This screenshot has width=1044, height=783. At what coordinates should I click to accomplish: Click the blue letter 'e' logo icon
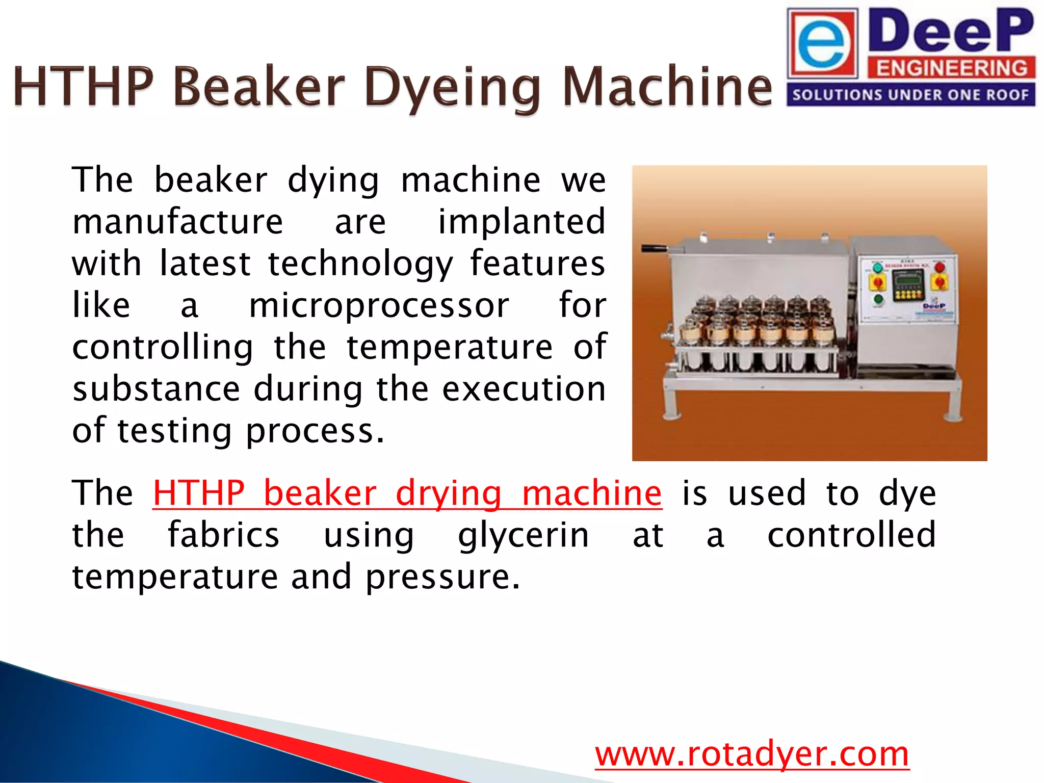[x=822, y=45]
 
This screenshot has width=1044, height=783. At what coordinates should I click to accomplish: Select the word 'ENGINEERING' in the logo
[x=951, y=68]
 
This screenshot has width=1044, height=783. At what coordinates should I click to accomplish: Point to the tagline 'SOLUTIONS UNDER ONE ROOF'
[x=910, y=95]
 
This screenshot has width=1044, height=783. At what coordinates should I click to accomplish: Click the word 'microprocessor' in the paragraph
[x=379, y=306]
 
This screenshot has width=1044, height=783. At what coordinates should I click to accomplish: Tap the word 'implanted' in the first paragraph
[x=521, y=222]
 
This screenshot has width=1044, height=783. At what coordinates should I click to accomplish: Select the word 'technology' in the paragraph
[x=360, y=264]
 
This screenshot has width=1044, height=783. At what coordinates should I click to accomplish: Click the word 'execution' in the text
[x=524, y=389]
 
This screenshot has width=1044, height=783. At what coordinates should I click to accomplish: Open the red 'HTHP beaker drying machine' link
[x=407, y=493]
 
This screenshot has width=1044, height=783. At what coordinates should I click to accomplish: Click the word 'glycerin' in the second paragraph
[x=524, y=535]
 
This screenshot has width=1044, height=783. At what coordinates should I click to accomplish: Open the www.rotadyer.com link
[x=752, y=754]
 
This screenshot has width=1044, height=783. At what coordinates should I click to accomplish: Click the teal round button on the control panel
[x=877, y=268]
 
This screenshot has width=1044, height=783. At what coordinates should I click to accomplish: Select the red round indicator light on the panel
[x=939, y=267]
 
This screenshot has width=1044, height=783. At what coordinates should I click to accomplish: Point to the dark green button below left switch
[x=878, y=299]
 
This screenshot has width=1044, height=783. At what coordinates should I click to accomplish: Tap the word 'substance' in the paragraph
[x=156, y=389]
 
